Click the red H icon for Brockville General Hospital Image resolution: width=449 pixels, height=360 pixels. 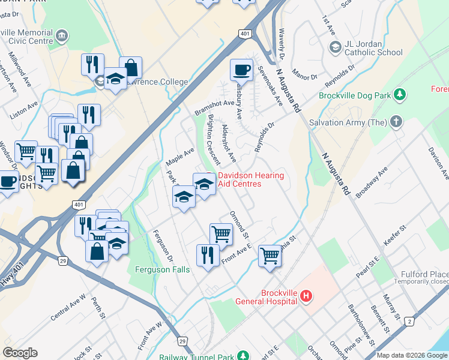[307, 295]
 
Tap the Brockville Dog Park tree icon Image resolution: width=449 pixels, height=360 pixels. [399, 95]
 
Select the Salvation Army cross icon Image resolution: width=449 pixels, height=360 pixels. [396, 122]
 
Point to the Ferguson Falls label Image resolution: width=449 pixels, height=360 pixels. [162, 269]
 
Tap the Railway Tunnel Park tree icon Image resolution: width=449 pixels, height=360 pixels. [243, 356]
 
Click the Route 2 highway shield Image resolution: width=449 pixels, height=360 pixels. [409, 322]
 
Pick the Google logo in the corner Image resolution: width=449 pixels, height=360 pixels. [20, 353]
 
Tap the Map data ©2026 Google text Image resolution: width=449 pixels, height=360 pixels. [411, 355]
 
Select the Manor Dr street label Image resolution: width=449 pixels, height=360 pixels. [305, 77]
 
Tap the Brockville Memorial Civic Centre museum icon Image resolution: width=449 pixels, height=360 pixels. [62, 36]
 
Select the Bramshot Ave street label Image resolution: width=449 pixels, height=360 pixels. [214, 107]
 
